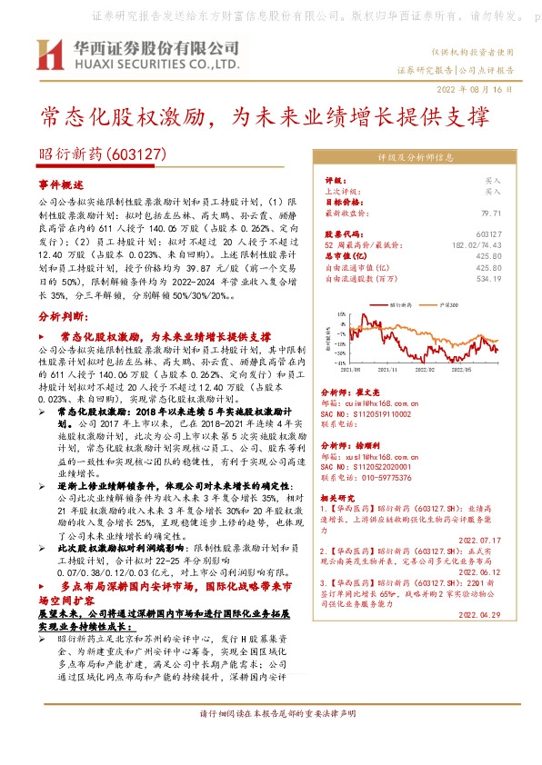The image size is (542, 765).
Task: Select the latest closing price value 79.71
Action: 490,213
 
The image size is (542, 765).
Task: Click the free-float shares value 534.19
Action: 489,278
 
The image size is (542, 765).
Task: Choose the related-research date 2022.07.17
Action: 479,541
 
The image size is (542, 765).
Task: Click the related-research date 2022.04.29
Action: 479,615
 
